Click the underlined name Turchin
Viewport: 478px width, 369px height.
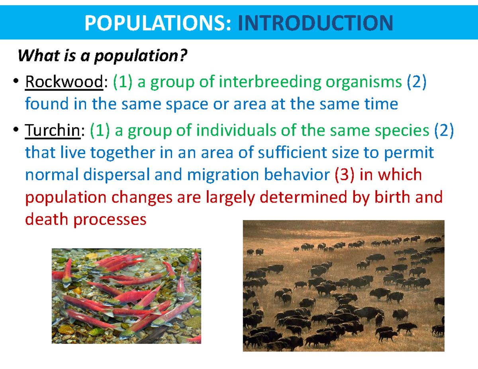point(52,131)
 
